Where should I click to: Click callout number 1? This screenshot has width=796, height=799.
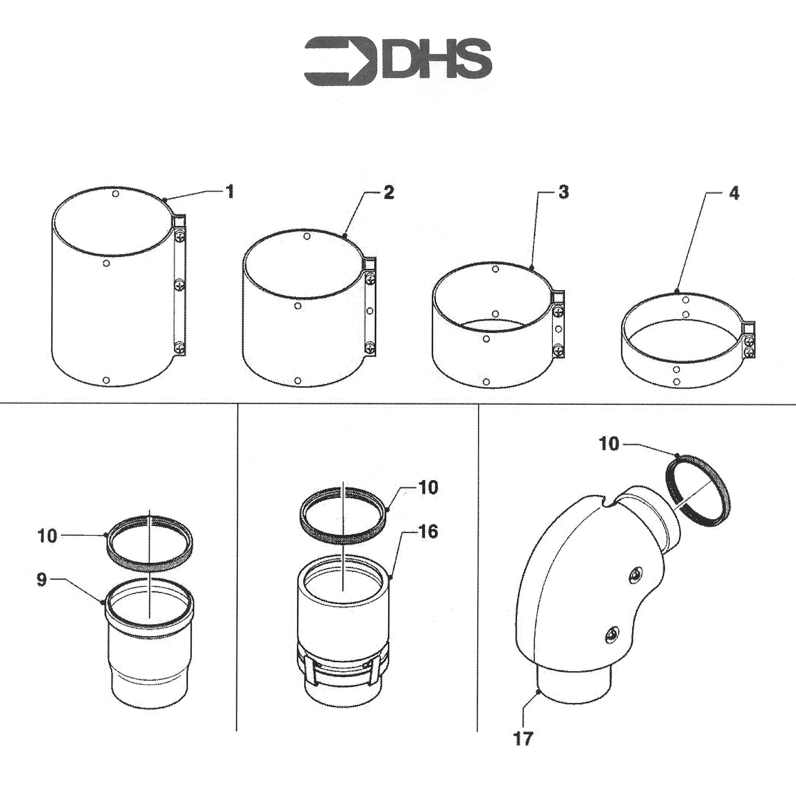pyautogui.click(x=229, y=192)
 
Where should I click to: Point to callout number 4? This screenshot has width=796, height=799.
pyautogui.click(x=733, y=193)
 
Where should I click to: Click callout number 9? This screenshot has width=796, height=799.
pyautogui.click(x=42, y=580)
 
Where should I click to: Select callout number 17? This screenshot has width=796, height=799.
pyautogui.click(x=523, y=738)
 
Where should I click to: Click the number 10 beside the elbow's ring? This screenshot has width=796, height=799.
pyautogui.click(x=609, y=445)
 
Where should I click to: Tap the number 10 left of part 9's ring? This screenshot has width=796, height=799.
pyautogui.click(x=47, y=536)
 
